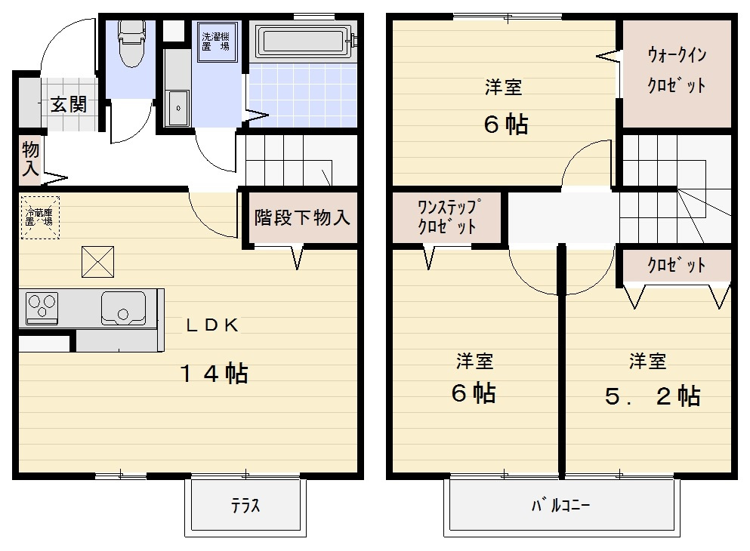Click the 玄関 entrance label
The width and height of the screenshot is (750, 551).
68,104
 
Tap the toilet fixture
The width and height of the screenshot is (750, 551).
131,42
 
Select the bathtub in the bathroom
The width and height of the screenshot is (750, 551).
305,42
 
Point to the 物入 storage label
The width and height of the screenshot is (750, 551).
30,158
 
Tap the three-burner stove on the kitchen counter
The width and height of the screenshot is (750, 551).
42,307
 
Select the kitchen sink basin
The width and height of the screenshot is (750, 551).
124,307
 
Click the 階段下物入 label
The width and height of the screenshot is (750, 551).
302,218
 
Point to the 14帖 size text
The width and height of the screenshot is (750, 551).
214,373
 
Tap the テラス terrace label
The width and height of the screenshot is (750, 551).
245,506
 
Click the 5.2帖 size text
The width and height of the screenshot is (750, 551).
653,396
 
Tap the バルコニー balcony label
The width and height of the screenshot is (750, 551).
560,505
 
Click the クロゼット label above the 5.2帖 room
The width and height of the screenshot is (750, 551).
676,266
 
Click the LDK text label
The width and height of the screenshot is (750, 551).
213,325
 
